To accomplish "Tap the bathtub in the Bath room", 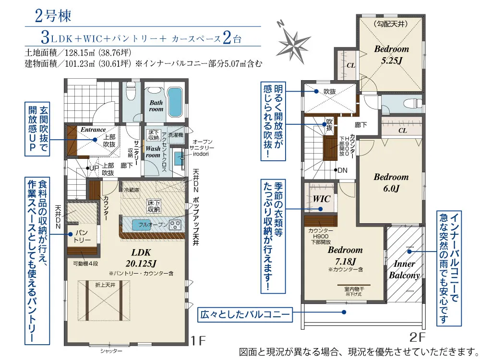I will [x=176, y=102].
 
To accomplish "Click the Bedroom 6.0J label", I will [x=391, y=183].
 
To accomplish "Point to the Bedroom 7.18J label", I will [x=345, y=255].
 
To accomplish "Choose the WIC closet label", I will [x=322, y=198].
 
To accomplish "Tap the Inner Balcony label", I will [x=404, y=270].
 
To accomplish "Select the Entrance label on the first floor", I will [x=93, y=130].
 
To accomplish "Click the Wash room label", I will [x=153, y=152].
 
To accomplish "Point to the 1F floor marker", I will [x=198, y=341].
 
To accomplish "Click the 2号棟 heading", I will [x=53, y=16].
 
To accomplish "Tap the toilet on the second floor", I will [x=409, y=102].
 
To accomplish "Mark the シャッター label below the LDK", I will [x=111, y=351].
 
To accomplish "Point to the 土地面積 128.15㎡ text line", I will [x=77, y=52].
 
